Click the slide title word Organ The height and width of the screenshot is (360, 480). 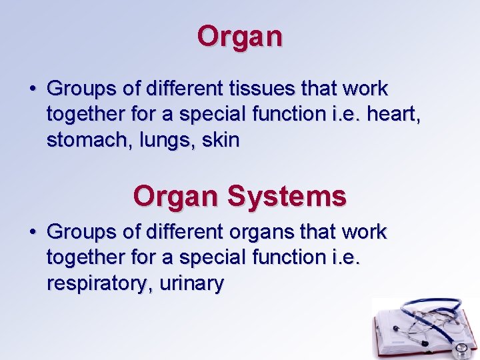pyautogui.click(x=240, y=37)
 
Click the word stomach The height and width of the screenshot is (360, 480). pyautogui.click(x=84, y=141)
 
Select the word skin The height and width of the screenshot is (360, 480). pyautogui.click(x=221, y=141)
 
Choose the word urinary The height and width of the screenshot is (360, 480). pyautogui.click(x=192, y=284)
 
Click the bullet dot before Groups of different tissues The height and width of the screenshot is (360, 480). pyautogui.click(x=33, y=89)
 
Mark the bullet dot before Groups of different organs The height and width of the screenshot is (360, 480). pyautogui.click(x=33, y=232)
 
